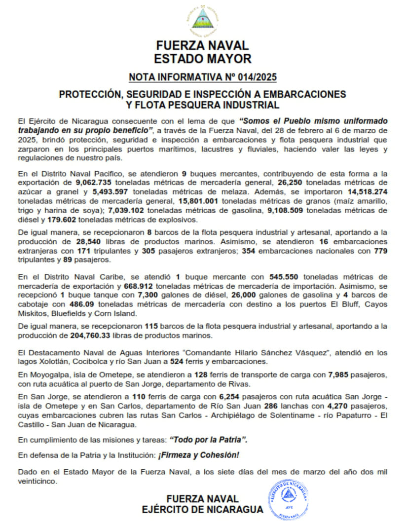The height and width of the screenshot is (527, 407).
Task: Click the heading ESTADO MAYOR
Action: pyautogui.click(x=203, y=59)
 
